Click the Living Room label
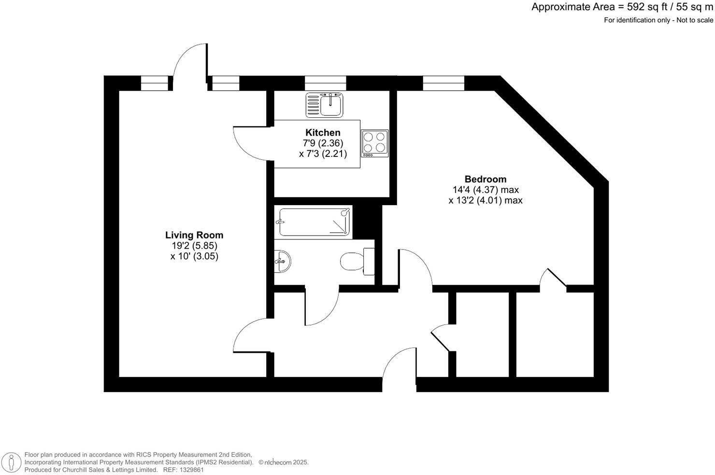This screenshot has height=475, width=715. coord(194,235)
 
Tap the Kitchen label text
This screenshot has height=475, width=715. coord(323,132)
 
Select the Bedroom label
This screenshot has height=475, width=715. coord(485,179)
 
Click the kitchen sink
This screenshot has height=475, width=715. coord(325,105)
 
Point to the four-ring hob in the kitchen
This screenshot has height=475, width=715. coord(375,143)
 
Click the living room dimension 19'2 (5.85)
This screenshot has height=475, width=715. coord(194,246)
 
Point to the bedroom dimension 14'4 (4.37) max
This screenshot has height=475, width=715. coord(486,190)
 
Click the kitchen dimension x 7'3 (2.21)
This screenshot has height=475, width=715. coord(323,154)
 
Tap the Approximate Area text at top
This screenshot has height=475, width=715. coord(622,7)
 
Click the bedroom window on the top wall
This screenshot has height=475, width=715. coord(443,84)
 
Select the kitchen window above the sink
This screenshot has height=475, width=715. coord(325,84)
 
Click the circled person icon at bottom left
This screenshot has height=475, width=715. coord(11,463)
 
